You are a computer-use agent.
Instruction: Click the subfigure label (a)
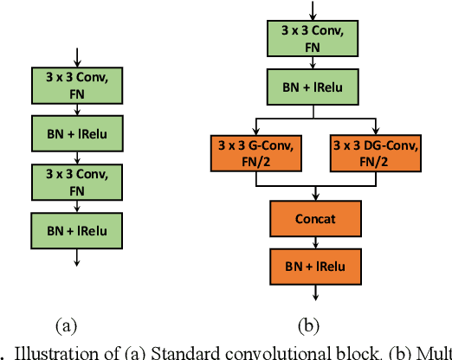[67, 326]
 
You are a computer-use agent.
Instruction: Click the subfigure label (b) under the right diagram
[308, 326]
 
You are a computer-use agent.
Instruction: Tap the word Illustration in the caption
[48, 352]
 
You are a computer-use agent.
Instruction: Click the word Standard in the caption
[181, 352]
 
